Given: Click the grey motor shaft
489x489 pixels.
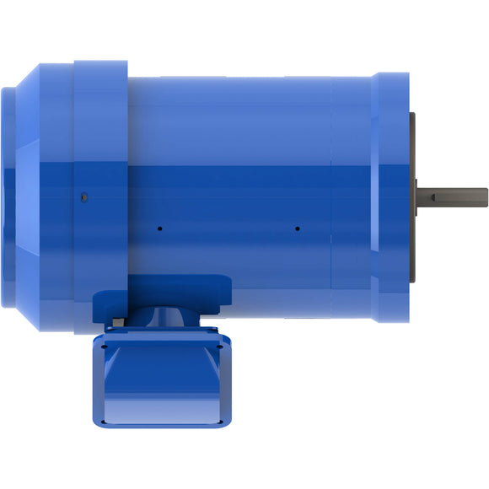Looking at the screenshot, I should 455,194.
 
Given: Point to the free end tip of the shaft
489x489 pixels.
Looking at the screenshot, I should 486,194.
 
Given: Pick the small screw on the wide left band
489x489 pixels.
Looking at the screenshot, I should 83,197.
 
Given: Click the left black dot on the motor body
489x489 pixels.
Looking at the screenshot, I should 159,227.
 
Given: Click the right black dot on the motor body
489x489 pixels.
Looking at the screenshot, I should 298,227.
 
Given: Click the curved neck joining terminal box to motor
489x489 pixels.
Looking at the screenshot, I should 160,320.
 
